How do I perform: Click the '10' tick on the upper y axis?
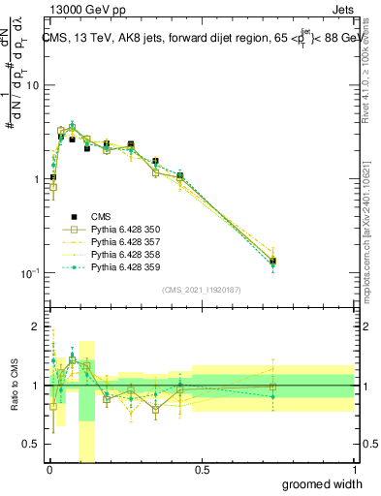click(x=31, y=86)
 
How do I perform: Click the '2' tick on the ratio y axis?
click(x=35, y=327)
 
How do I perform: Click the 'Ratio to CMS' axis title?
click(x=13, y=386)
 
